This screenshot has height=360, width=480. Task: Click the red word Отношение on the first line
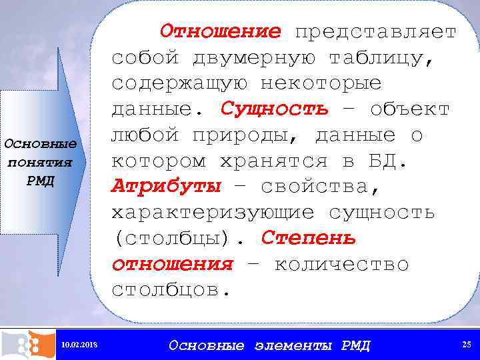point(221,31)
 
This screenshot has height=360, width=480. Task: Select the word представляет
point(376,31)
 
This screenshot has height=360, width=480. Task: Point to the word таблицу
point(381,57)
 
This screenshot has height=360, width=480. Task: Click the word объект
point(409,109)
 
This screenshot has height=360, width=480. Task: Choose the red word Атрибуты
point(166,186)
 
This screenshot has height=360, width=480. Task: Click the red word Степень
point(309,238)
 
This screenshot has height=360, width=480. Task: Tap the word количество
point(341,264)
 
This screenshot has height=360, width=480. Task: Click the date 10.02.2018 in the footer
point(79,345)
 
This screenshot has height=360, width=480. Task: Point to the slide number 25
point(467,344)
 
